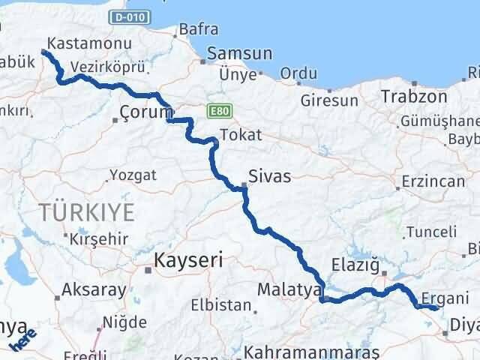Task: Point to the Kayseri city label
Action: (x=189, y=260)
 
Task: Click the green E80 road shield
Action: (x=218, y=112)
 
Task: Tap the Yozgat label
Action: (x=133, y=175)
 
